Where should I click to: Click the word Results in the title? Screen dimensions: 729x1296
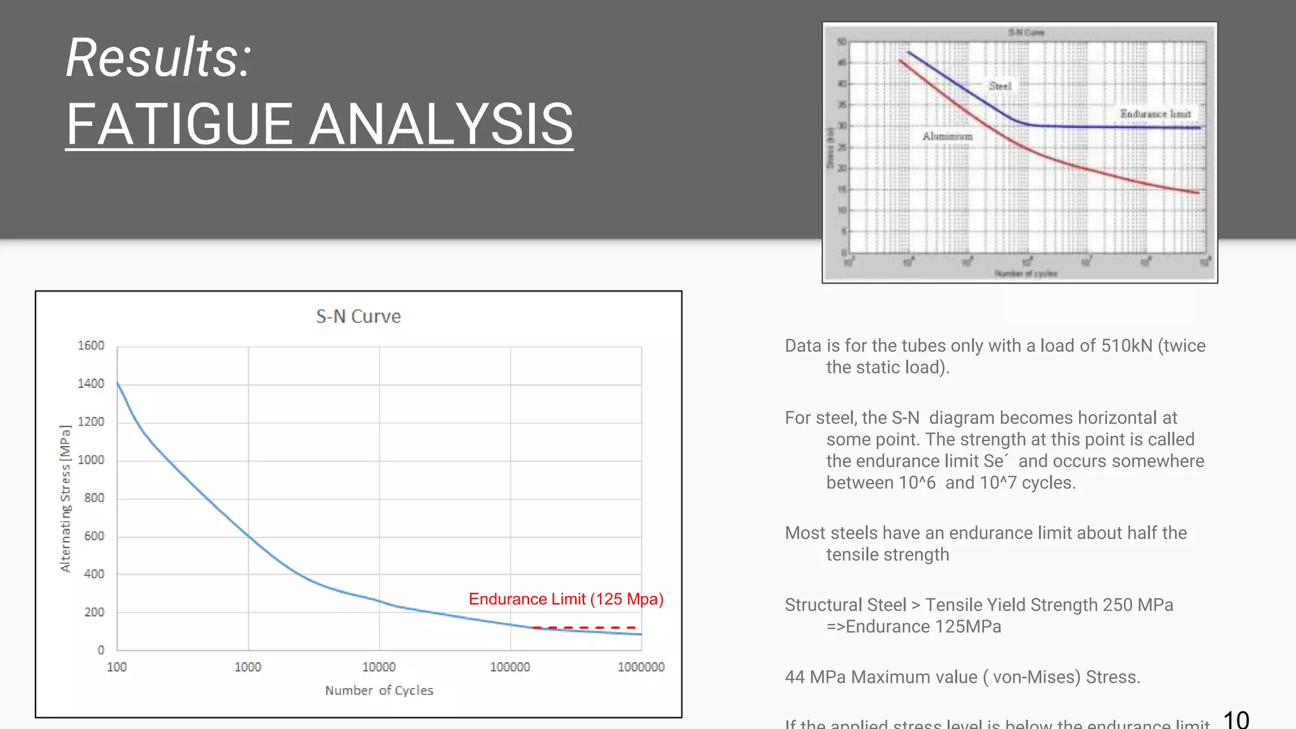pyautogui.click(x=158, y=58)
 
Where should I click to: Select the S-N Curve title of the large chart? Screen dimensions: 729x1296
pyautogui.click(x=358, y=316)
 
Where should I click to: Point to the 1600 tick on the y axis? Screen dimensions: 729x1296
pyautogui.click(x=91, y=346)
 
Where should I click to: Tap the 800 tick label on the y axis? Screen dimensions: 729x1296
pyautogui.click(x=94, y=498)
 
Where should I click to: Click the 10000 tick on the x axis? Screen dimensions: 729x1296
pyautogui.click(x=378, y=667)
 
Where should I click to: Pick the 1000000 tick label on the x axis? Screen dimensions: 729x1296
pyautogui.click(x=640, y=667)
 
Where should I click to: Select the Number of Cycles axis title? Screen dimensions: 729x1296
pyautogui.click(x=379, y=690)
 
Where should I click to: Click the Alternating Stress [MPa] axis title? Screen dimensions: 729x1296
pyautogui.click(x=65, y=499)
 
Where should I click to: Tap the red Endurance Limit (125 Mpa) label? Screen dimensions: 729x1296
pyautogui.click(x=566, y=599)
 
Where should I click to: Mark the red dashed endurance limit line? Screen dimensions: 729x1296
pyautogui.click(x=583, y=628)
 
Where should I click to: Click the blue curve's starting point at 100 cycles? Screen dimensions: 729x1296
pyautogui.click(x=118, y=383)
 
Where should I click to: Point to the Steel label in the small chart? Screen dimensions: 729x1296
pyautogui.click(x=1000, y=86)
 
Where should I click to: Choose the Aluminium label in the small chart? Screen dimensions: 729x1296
pyautogui.click(x=947, y=136)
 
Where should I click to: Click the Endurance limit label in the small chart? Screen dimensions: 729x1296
pyautogui.click(x=1155, y=114)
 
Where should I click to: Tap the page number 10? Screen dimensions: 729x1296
pyautogui.click(x=1235, y=720)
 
